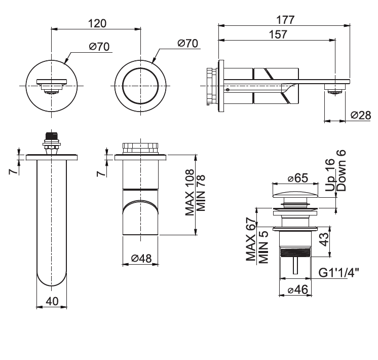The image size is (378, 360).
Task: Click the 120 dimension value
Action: click(x=97, y=24)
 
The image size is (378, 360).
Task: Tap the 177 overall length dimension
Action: click(x=285, y=20)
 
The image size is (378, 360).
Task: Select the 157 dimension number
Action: click(x=278, y=34)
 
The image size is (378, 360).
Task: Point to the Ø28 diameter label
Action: click(x=361, y=115)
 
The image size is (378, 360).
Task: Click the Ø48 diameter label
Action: click(x=141, y=259)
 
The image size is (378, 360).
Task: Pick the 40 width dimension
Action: click(x=52, y=301)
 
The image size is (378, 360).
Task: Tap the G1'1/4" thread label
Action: click(x=338, y=273)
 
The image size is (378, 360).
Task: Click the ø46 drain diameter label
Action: click(x=298, y=290)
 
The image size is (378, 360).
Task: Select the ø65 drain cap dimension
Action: click(x=298, y=178)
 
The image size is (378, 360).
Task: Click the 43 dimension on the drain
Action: click(x=325, y=239)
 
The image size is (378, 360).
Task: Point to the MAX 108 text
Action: click(x=190, y=192)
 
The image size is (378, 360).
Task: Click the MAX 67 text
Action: click(x=251, y=239)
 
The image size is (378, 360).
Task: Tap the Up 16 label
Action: click(x=330, y=175)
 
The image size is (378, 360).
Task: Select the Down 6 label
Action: click(x=341, y=170)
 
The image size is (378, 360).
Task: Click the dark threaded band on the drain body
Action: click(x=295, y=253)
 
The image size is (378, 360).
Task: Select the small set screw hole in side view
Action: click(x=228, y=90)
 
